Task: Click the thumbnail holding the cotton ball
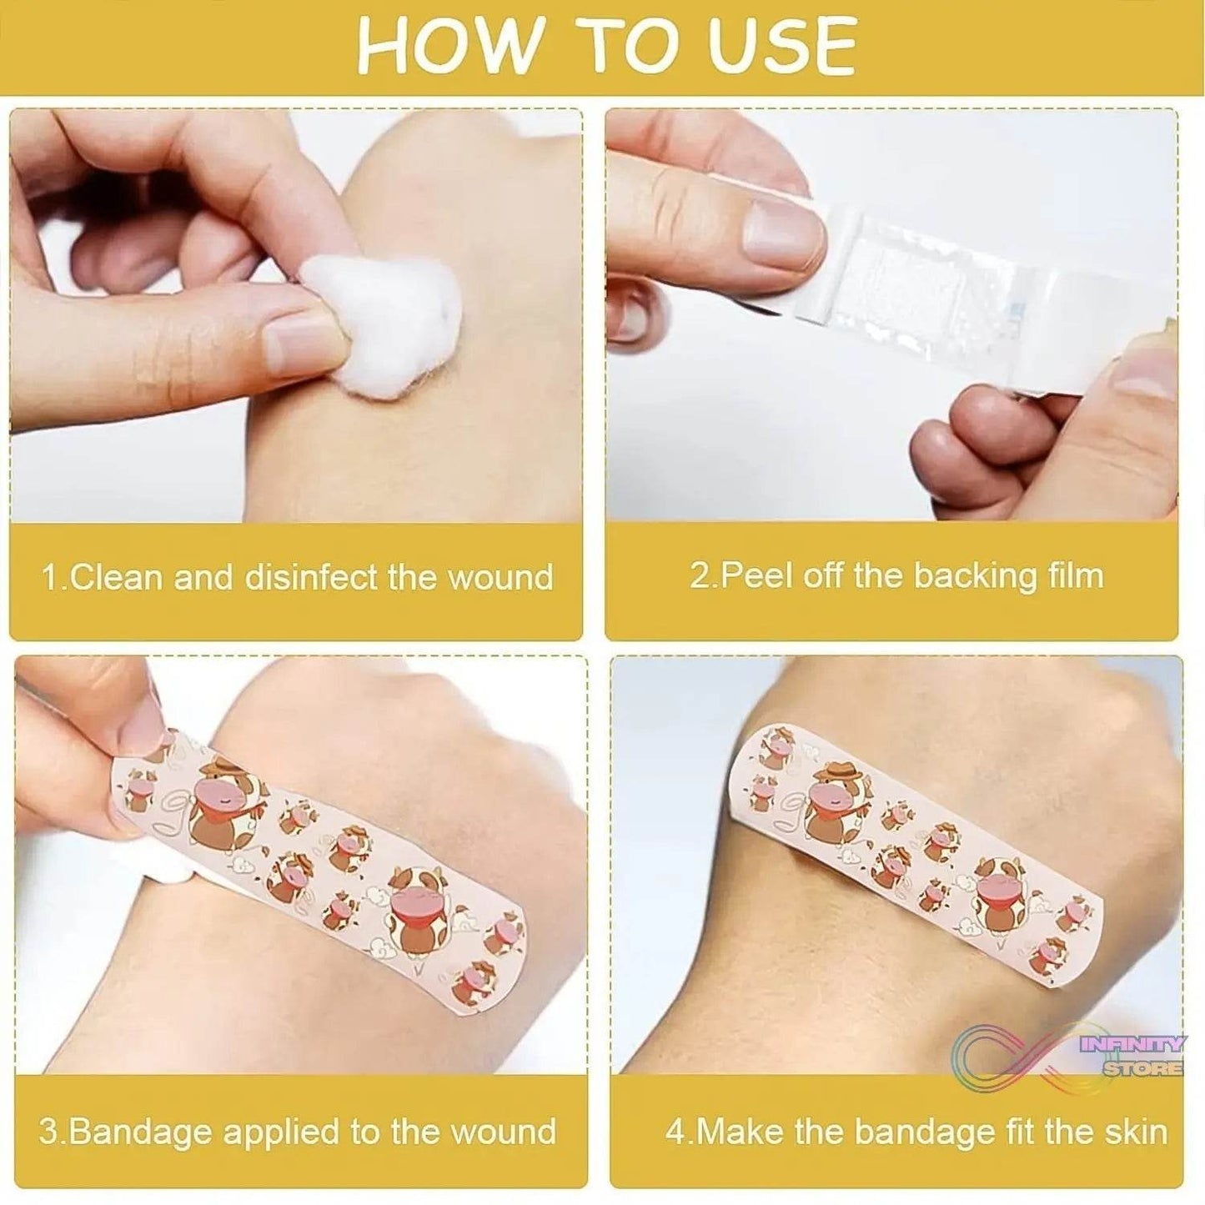click(x=301, y=340)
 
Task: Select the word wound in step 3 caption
click(x=503, y=1132)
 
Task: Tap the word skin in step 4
click(x=1134, y=1132)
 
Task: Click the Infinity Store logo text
click(x=1134, y=1055)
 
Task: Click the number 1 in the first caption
click(x=49, y=577)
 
